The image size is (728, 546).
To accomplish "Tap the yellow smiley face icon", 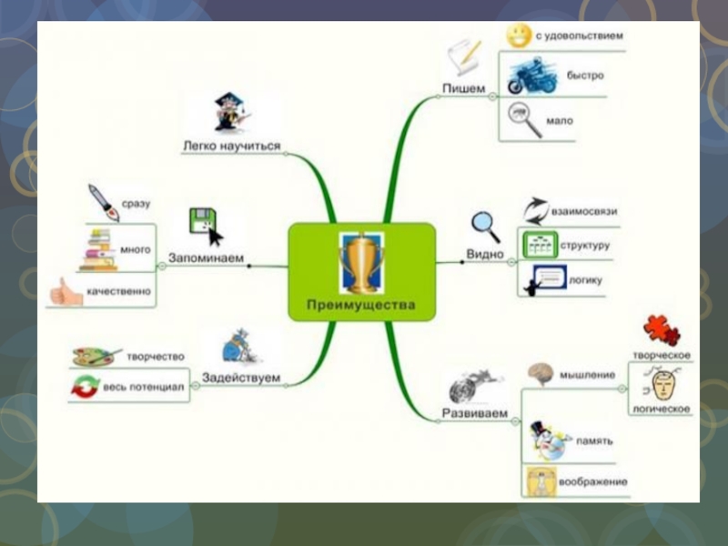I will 520,36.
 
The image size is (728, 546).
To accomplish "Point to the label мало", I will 560,120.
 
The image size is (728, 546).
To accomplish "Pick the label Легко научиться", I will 231,146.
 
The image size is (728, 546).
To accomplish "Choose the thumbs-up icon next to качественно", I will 66,292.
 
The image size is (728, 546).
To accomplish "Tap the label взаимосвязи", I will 584,211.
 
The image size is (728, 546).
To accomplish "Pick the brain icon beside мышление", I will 541,373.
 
